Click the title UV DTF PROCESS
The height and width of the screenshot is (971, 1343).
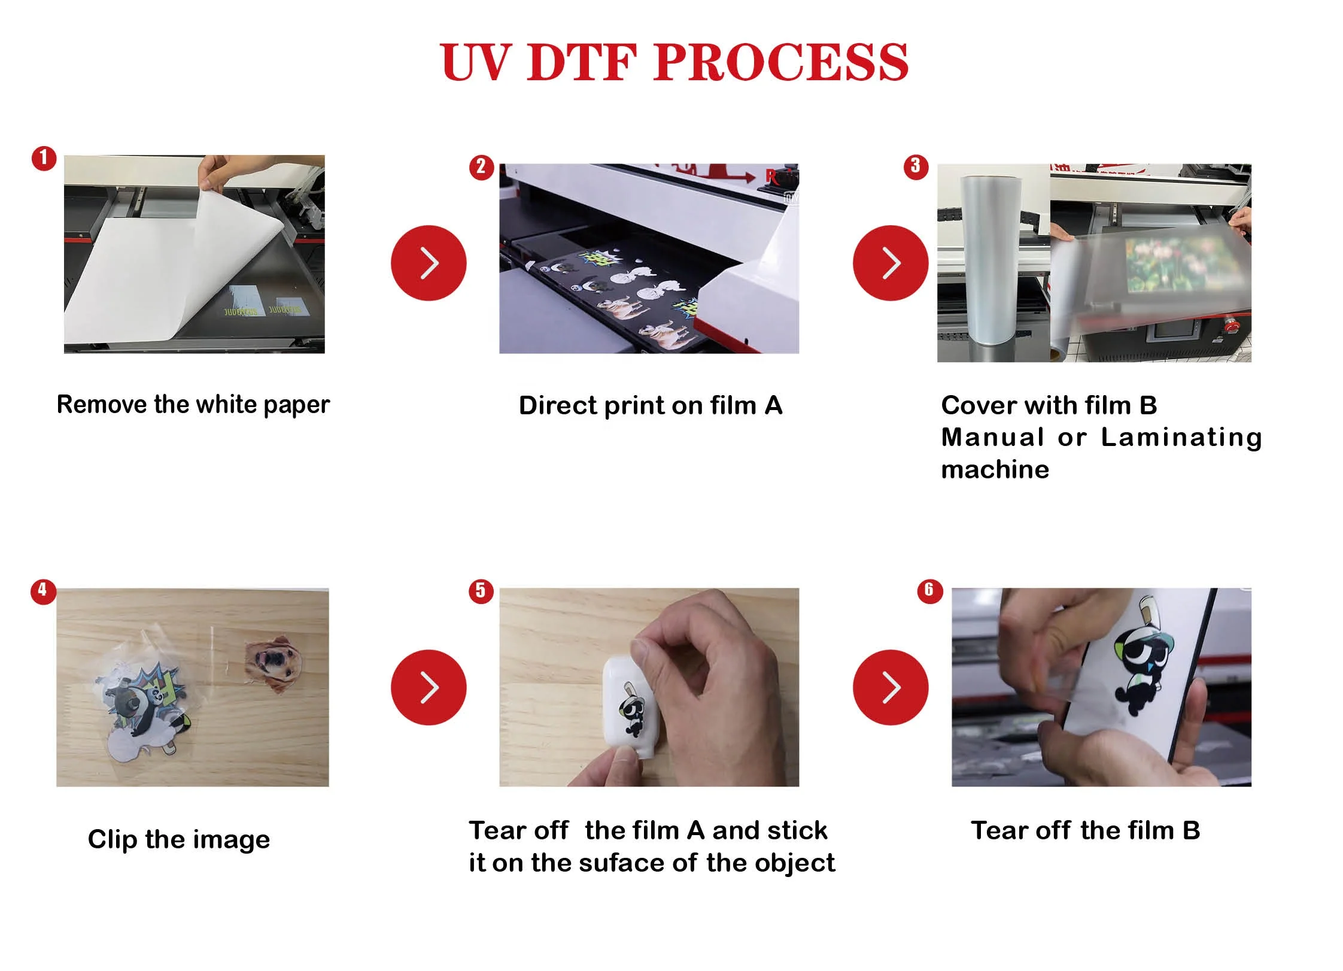coord(674,62)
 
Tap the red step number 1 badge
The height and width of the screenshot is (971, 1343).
coord(44,159)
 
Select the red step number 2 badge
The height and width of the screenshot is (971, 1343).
coord(481,167)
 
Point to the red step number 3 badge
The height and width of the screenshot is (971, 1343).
coord(916,166)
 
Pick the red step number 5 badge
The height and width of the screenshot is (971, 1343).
coord(481,591)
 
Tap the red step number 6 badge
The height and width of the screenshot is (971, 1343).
coord(929,591)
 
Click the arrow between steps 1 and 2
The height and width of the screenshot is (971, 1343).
coord(429,263)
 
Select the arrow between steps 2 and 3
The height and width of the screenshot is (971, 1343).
coord(891,263)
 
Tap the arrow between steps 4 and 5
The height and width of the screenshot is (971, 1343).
coord(429,687)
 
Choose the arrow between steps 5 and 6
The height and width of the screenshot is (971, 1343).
coord(891,687)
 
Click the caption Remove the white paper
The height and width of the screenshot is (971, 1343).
coord(193,405)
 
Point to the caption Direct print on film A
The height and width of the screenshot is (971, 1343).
coord(651,406)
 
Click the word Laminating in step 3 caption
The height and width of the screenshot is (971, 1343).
coord(1182,438)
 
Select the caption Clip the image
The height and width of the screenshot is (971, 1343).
coord(179,840)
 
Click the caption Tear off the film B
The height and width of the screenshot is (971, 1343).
coord(1085,831)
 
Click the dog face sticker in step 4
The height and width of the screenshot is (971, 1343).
coord(274,664)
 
